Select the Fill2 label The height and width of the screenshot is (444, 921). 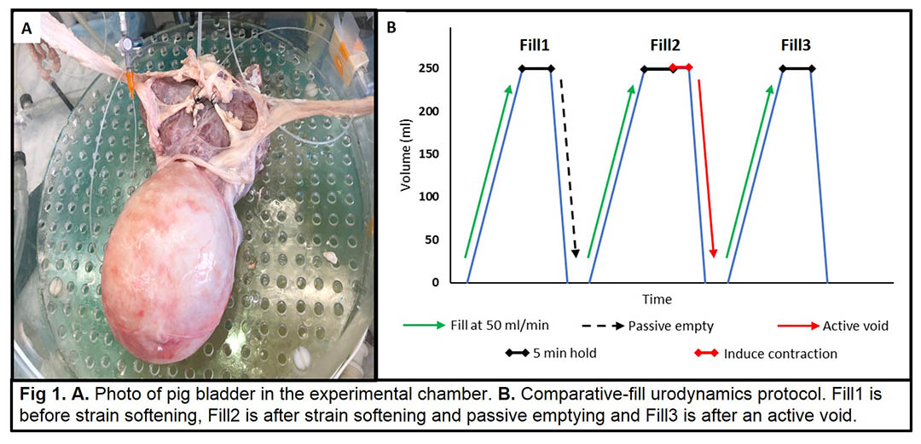coord(665,46)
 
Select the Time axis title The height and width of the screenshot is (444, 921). coord(657,300)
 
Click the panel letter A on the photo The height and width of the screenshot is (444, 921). coord(27,28)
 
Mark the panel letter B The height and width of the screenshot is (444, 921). coord(391,27)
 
